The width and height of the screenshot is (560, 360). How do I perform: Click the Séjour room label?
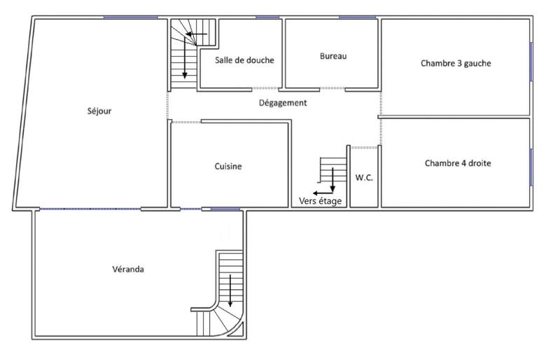tap(100, 111)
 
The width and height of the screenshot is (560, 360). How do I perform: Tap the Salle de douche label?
tap(244, 60)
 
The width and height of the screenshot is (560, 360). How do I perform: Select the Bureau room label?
tap(333, 56)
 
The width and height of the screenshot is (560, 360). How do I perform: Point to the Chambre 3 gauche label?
tap(456, 63)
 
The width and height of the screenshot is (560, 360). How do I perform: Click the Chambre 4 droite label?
tap(458, 163)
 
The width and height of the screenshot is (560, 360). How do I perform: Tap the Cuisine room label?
tap(228, 167)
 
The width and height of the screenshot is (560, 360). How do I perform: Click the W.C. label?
tap(364, 178)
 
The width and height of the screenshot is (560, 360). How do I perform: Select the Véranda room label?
tap(128, 269)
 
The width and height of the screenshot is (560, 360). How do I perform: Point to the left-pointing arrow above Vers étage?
tap(323, 192)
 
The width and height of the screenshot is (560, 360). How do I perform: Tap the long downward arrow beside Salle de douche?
tap(185, 60)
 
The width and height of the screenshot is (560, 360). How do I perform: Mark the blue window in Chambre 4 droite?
tap(531, 167)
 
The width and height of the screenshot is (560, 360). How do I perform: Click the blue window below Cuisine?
tap(225, 209)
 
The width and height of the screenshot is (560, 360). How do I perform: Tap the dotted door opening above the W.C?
tap(365, 147)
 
